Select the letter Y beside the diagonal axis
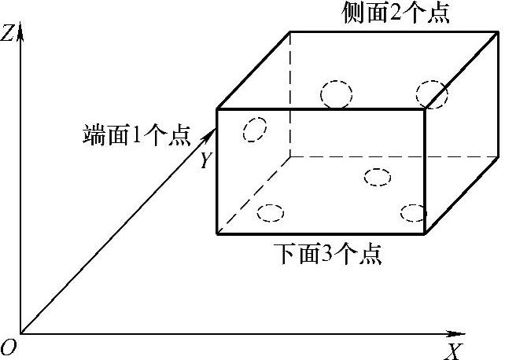point(205,161)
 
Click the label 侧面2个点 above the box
point(396,14)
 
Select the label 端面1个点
point(136,134)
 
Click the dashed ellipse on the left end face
point(254,130)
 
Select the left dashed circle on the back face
point(336,94)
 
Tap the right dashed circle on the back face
point(432,94)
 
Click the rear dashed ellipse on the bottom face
point(378,177)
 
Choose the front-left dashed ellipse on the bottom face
point(271,212)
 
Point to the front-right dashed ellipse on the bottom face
point(413,212)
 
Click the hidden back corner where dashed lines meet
point(290,156)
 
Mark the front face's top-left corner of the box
point(217,109)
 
